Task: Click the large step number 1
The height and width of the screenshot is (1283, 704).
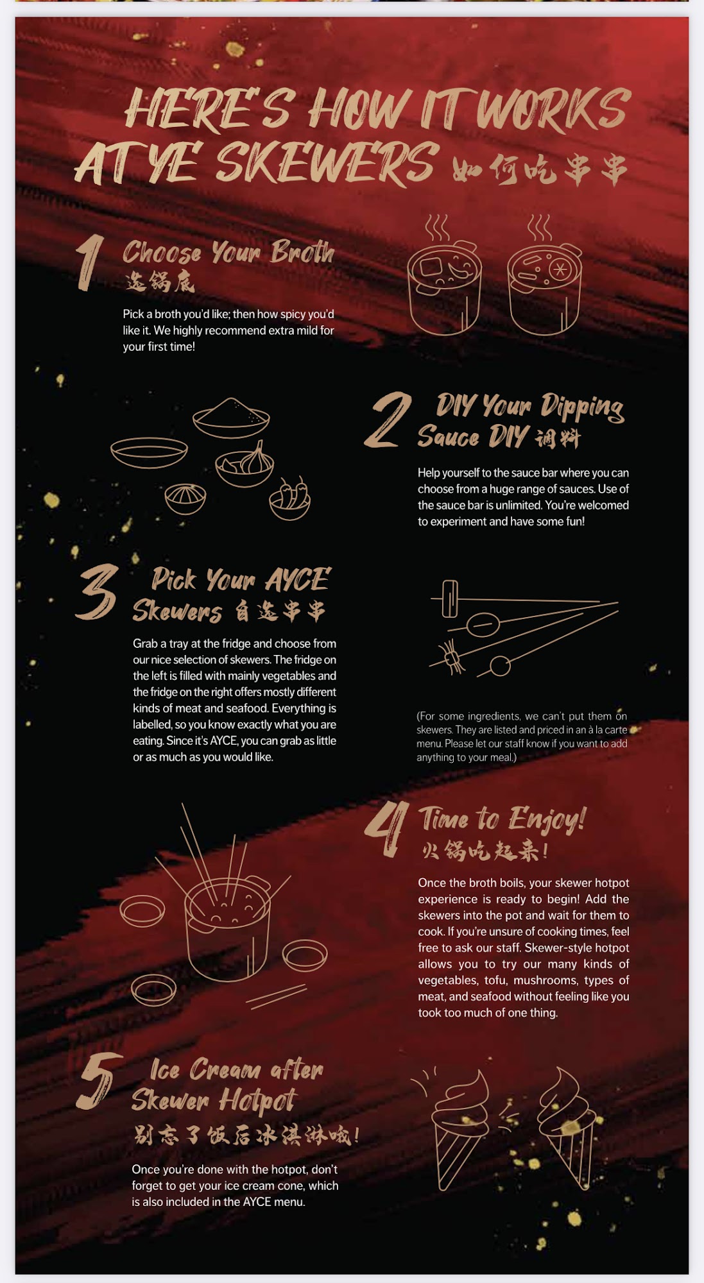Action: (90, 262)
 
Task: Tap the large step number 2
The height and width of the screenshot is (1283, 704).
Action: (388, 420)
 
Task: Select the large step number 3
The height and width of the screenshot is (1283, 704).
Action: (97, 591)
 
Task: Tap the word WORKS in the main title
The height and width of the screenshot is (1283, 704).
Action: (553, 109)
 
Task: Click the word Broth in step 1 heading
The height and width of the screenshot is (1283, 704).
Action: (302, 252)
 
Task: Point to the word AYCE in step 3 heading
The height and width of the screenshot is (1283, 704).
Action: (298, 580)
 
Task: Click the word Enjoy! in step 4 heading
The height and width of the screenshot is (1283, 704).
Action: (547, 820)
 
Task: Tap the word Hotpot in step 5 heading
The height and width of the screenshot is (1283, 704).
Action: (257, 1101)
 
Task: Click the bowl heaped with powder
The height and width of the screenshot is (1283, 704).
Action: (231, 418)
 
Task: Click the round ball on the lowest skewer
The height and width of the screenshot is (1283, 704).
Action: (500, 666)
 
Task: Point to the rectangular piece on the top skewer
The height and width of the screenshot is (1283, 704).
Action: (450, 599)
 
